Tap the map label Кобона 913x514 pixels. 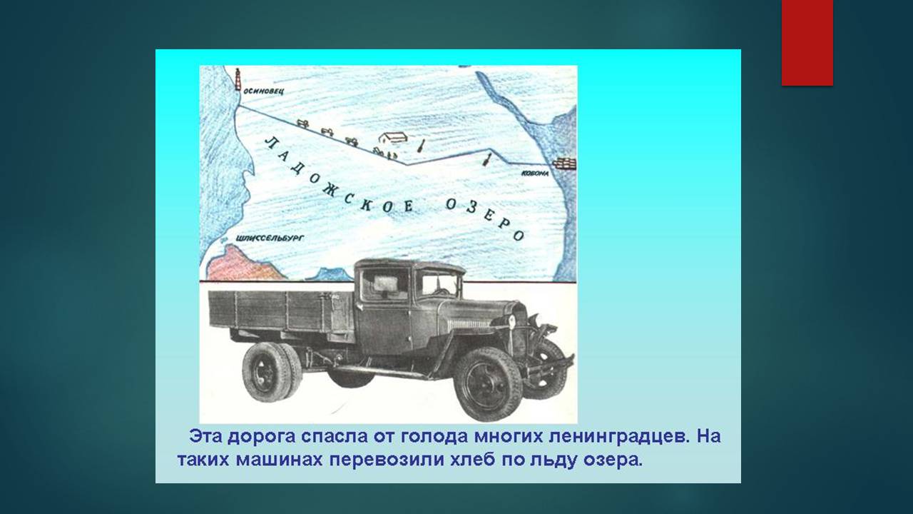[535, 173]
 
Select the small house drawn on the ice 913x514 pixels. [393, 138]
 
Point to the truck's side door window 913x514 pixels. [384, 284]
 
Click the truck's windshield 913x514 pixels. [439, 283]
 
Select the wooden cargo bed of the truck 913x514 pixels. [281, 312]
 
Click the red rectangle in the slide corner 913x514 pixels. [807, 43]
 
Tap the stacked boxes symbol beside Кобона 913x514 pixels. [564, 163]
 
